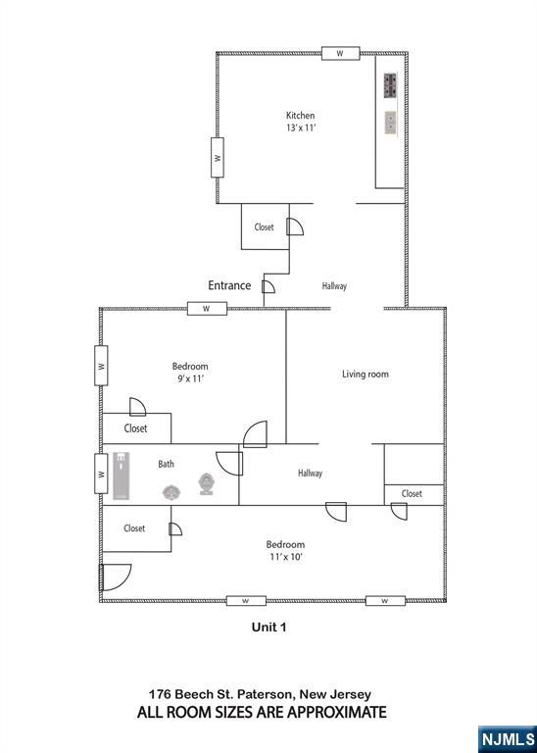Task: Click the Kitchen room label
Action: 301,116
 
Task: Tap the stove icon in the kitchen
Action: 390,85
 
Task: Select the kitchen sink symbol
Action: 391,123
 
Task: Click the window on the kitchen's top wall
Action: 340,53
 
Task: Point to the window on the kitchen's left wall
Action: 218,158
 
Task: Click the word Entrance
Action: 229,285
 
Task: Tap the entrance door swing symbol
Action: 268,286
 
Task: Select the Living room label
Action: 366,374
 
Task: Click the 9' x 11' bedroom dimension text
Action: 190,378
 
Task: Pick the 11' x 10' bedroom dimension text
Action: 285,557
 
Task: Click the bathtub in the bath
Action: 122,475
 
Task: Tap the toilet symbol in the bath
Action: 207,483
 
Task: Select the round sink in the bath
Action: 171,492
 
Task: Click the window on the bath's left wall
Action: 101,474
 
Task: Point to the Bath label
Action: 166,464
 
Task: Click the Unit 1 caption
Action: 268,627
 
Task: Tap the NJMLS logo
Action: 508,739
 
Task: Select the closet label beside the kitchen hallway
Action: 264,227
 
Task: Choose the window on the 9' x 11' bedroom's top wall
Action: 207,309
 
